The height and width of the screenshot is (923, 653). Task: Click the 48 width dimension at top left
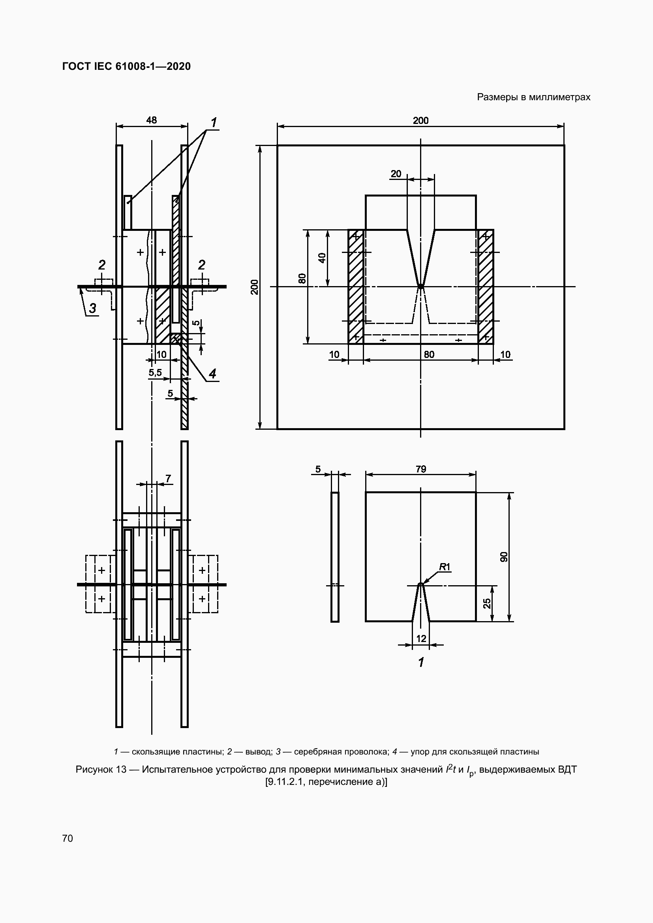click(152, 120)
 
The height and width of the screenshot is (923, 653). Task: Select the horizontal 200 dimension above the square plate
click(420, 120)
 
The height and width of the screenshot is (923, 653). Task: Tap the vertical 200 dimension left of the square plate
click(255, 286)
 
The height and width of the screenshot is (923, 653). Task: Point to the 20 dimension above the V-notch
click(396, 174)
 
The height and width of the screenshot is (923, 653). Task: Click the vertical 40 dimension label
click(322, 258)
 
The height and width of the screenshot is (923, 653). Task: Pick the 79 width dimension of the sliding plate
click(420, 469)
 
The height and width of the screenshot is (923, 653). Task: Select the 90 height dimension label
click(504, 557)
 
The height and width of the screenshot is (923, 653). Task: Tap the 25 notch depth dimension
click(487, 603)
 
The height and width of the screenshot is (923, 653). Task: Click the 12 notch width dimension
click(421, 638)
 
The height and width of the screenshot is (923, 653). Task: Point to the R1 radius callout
click(444, 567)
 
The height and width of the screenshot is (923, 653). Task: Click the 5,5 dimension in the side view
click(155, 373)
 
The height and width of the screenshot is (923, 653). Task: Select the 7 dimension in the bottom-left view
click(168, 478)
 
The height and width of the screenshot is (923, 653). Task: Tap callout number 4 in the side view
click(212, 373)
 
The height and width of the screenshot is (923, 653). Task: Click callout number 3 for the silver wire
click(92, 308)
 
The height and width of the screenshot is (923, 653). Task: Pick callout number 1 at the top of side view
click(214, 122)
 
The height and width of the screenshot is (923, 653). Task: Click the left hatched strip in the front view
click(355, 286)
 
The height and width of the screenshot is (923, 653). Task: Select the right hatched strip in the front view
click(486, 286)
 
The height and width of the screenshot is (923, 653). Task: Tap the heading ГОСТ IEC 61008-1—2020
click(126, 66)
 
